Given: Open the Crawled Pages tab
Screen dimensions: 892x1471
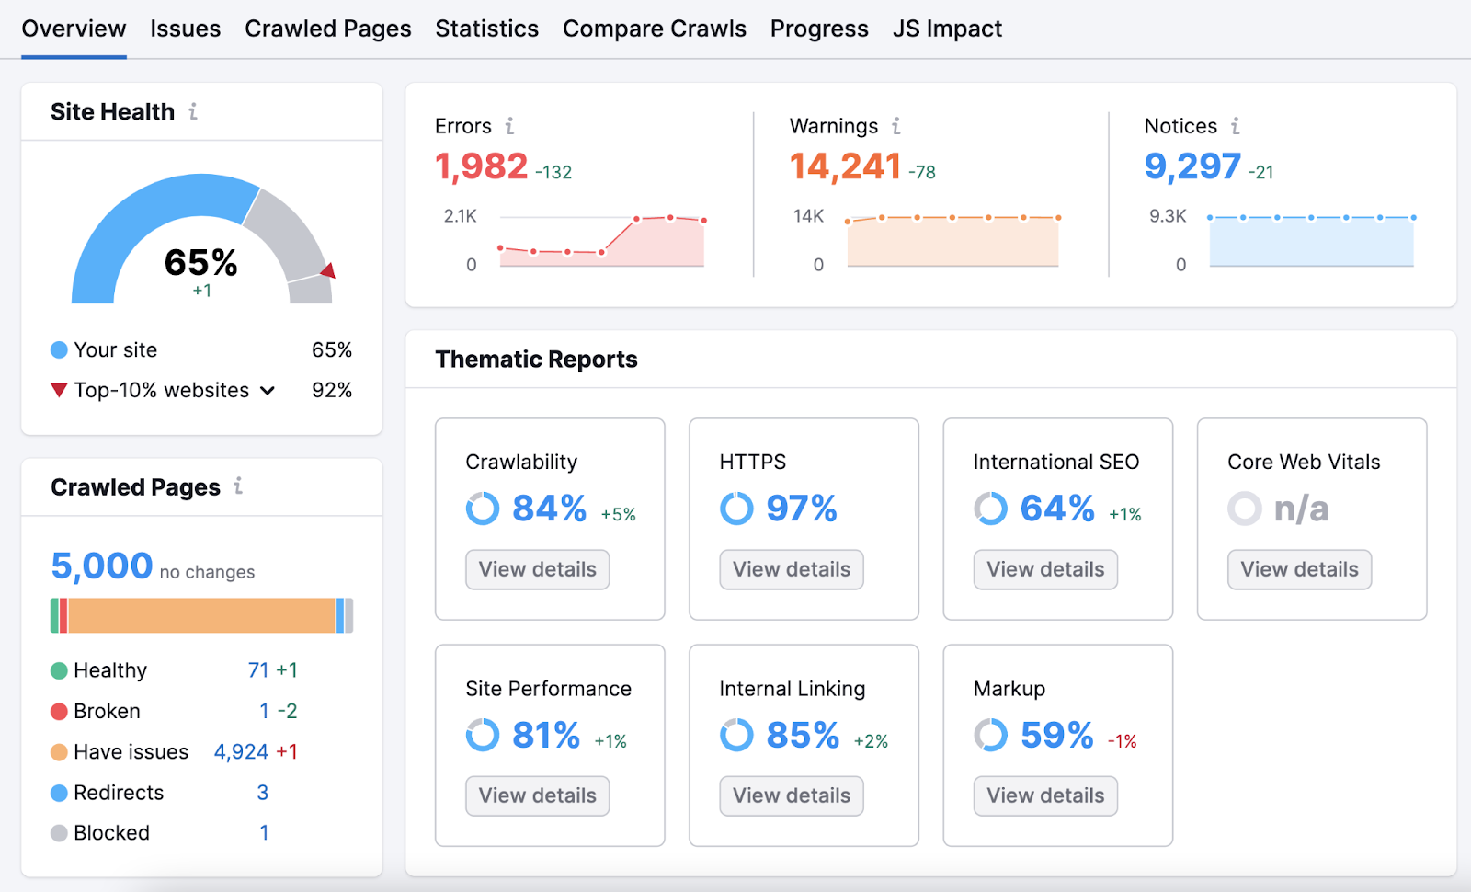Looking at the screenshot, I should tap(327, 29).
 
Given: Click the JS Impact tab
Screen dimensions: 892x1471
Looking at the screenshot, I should tap(947, 29).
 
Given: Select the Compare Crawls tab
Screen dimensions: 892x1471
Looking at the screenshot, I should tap(654, 29).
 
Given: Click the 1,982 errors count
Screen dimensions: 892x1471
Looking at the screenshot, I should tap(481, 166).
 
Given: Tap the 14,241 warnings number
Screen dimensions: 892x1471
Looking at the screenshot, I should tap(845, 166).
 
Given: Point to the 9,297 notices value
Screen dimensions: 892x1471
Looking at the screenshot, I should tap(1192, 166).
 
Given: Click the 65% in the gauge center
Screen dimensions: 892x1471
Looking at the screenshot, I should tap(201, 263).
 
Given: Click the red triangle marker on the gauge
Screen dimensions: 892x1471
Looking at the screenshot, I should tap(328, 270).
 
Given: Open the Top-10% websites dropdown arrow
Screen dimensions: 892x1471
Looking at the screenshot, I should tap(268, 391).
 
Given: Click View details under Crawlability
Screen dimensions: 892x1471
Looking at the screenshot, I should tap(537, 569).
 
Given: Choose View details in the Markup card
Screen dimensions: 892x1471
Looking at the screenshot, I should tap(1045, 795).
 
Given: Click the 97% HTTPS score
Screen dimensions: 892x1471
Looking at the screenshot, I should tap(801, 509).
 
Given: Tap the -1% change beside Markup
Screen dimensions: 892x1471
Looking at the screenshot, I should tap(1122, 741).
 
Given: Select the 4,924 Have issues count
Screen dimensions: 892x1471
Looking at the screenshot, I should tap(241, 752).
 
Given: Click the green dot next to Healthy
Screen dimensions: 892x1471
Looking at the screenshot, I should tap(59, 671).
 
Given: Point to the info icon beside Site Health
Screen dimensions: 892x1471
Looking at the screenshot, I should tap(193, 111).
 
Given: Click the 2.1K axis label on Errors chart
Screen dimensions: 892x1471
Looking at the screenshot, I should tap(460, 216).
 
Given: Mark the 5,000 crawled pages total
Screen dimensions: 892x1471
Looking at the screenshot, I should tap(101, 566).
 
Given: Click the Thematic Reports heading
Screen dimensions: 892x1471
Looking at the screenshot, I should tap(536, 360).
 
